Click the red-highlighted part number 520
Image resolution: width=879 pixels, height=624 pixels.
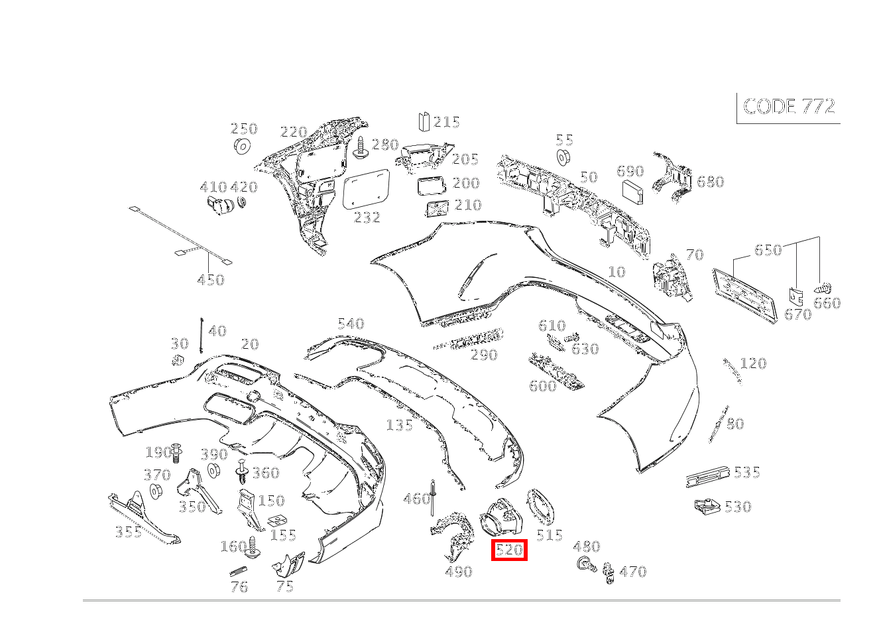tap(509, 550)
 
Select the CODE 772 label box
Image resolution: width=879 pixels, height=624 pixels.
tap(789, 107)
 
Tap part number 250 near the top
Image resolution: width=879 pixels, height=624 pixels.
tap(243, 129)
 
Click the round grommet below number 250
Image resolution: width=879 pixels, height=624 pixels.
tap(243, 146)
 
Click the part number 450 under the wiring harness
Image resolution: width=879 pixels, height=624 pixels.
tap(211, 280)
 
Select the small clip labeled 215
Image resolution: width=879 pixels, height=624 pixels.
tap(424, 121)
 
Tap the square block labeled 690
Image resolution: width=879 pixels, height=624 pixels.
tap(633, 192)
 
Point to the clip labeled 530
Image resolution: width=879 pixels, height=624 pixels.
tap(707, 507)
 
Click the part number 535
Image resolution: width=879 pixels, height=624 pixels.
tap(746, 472)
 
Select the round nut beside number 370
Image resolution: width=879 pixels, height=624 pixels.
tap(156, 492)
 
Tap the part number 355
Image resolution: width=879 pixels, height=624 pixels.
tap(129, 531)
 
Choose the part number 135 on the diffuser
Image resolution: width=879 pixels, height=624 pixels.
tap(399, 425)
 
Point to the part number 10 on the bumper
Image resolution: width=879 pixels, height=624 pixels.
tap(616, 272)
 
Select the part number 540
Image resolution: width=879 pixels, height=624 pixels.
tap(351, 324)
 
